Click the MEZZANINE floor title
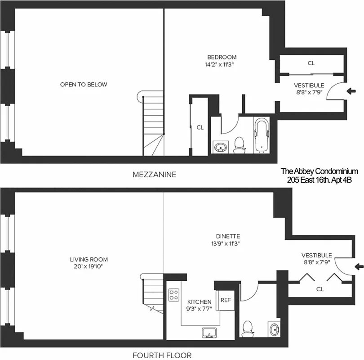tap(154, 174)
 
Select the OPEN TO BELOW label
tap(84, 85)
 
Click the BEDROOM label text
tap(222, 57)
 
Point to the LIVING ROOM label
tap(89, 260)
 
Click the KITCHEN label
tap(199, 301)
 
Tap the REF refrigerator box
tap(225, 299)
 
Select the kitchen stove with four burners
tap(173, 295)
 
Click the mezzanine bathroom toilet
tap(240, 145)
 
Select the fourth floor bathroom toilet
tap(248, 328)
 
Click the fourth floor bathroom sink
tap(273, 329)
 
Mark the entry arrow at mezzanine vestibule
tap(351, 91)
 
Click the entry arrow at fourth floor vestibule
tap(359, 266)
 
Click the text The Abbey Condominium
tap(319, 171)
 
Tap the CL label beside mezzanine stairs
tap(200, 127)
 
